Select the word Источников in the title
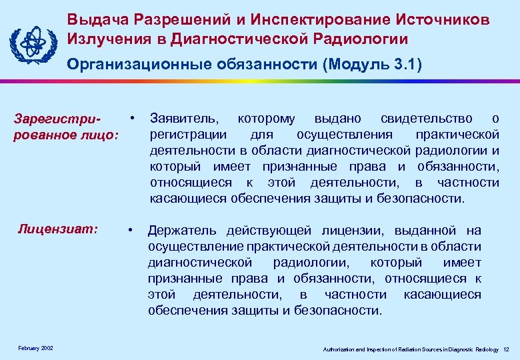[437, 19]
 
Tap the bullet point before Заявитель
[134, 117]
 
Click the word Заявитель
[183, 119]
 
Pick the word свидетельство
[426, 119]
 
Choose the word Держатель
[181, 231]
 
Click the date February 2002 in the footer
[37, 349]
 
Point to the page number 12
[506, 349]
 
